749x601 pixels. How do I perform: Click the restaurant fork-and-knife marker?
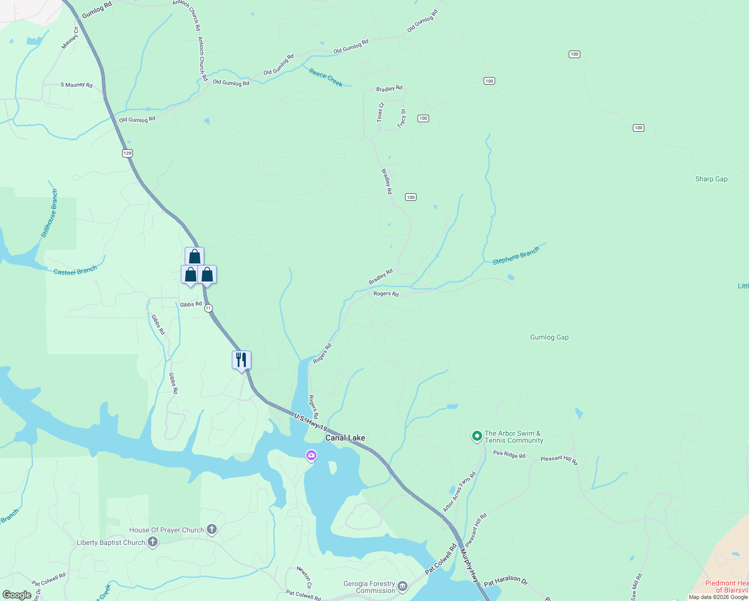click(241, 360)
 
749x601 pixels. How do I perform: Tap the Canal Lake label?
click(345, 438)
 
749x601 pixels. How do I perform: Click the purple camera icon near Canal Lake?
click(311, 455)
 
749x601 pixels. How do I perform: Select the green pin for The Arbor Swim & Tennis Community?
click(477, 436)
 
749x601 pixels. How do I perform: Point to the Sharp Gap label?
click(711, 179)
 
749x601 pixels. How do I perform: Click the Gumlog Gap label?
click(549, 337)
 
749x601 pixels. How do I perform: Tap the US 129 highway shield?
click(128, 153)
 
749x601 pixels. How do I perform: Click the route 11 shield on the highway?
click(208, 308)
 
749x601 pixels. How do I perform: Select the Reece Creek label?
click(326, 78)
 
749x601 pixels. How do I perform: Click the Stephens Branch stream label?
click(516, 255)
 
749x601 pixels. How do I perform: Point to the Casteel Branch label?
click(75, 271)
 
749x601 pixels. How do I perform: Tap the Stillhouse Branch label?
click(50, 213)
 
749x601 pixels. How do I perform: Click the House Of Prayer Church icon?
click(212, 529)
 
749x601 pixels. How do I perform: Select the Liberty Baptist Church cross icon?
click(153, 542)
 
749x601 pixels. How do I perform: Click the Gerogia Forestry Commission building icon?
click(403, 586)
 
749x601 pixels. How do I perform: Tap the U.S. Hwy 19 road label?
click(310, 422)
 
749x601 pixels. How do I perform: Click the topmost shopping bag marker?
click(194, 256)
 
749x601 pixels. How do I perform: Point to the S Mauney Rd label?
click(77, 85)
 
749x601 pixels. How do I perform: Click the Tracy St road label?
click(402, 119)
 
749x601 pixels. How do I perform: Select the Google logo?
click(17, 595)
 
